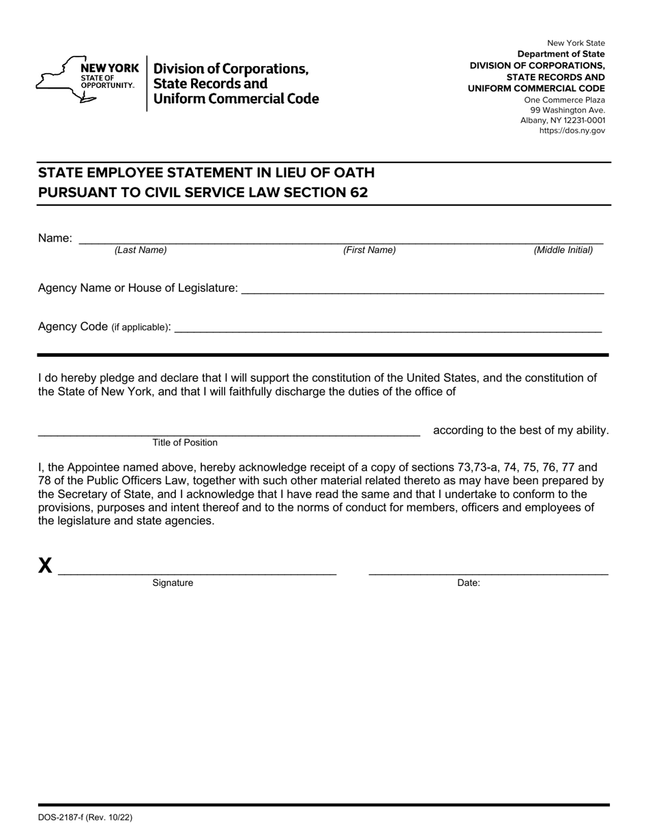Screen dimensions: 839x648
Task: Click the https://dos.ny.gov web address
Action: click(572, 131)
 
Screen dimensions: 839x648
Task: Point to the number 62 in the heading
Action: click(359, 192)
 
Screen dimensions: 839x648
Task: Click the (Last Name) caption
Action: click(141, 250)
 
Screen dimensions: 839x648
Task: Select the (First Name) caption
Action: click(369, 250)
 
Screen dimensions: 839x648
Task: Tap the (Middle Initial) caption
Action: click(563, 250)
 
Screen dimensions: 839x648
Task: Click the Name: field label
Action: click(55, 238)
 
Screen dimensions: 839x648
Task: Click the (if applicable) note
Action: click(141, 327)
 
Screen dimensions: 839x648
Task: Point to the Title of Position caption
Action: click(185, 443)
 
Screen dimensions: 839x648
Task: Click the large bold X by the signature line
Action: click(45, 565)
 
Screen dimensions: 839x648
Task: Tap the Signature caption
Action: click(173, 583)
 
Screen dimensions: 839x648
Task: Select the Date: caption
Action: click(469, 583)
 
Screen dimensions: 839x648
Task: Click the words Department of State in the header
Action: click(561, 54)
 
